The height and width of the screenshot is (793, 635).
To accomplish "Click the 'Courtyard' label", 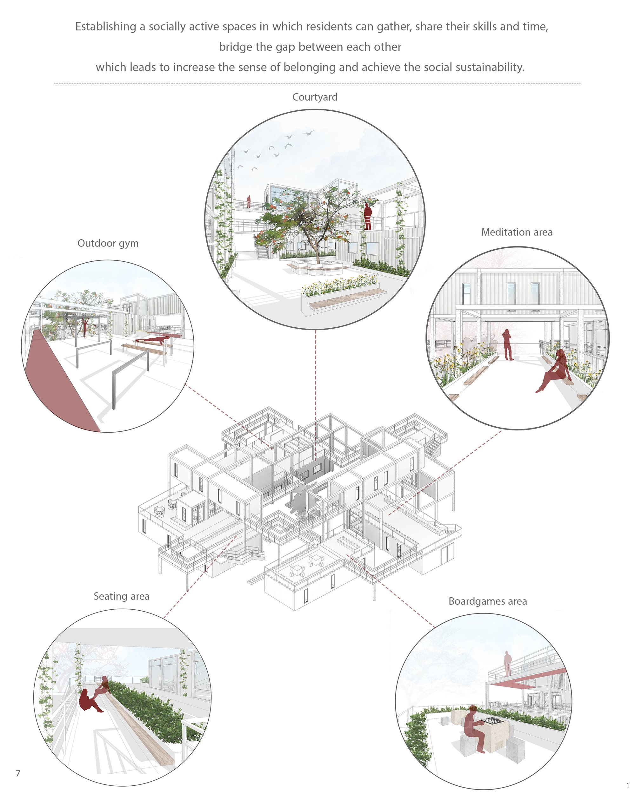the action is pyautogui.click(x=315, y=97).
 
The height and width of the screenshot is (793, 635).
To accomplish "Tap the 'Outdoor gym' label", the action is pyautogui.click(x=108, y=243).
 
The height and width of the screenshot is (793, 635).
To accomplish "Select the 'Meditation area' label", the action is pyautogui.click(x=517, y=232).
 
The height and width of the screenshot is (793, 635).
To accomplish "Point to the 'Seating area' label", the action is pyautogui.click(x=122, y=596).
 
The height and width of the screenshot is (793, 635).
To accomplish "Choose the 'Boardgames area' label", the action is pyautogui.click(x=488, y=601).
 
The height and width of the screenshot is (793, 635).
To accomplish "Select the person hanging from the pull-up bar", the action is pyautogui.click(x=85, y=327).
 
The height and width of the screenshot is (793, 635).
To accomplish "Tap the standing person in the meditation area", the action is pyautogui.click(x=508, y=344).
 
